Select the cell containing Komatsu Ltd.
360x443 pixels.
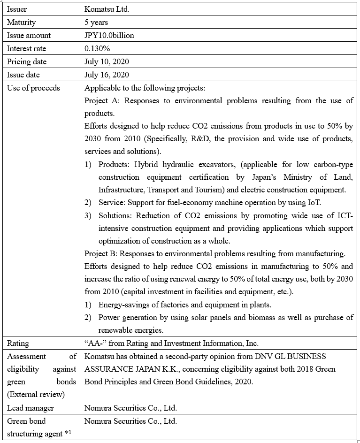(105, 9)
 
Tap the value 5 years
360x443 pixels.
(96, 22)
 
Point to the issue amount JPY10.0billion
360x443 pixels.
(110, 35)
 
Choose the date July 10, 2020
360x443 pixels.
(107, 61)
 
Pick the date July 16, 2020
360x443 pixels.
(107, 75)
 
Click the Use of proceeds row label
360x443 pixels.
(33, 88)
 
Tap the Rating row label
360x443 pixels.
(18, 343)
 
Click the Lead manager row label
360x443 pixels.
(30, 408)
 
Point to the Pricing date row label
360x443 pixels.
(27, 61)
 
